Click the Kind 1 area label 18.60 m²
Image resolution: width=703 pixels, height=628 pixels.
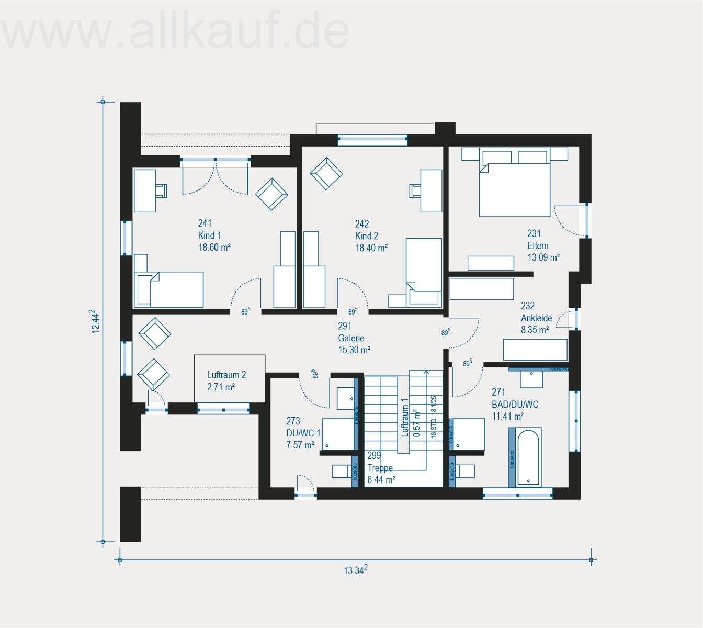tap(214, 248)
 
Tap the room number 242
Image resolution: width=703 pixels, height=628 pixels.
tap(362, 224)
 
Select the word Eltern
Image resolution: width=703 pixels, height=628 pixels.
tap(538, 246)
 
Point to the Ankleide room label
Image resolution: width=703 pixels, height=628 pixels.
tap(536, 318)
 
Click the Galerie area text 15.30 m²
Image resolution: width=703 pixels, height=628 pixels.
tap(354, 350)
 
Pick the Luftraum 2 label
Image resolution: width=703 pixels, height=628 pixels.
tap(226, 375)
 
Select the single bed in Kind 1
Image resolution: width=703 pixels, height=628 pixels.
tap(168, 289)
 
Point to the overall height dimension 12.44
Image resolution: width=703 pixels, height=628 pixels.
tap(94, 321)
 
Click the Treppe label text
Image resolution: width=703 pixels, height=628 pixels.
tap(380, 468)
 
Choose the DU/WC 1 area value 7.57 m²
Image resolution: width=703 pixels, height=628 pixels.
tap(300, 445)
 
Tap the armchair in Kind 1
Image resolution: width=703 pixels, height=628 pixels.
tap(271, 193)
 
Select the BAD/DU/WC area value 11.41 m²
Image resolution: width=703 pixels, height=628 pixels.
tap(507, 417)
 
